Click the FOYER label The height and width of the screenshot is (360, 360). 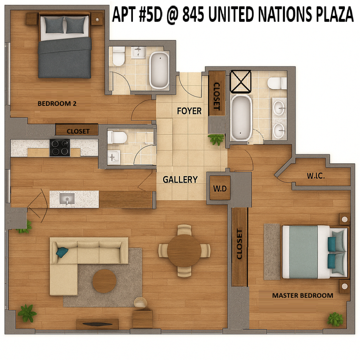point(189,111)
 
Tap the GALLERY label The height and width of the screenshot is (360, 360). point(180,179)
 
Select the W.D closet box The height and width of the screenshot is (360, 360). point(220,188)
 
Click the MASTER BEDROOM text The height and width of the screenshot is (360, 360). point(302,296)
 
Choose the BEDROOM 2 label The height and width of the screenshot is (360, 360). point(57,104)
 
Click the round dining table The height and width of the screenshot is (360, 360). point(185,251)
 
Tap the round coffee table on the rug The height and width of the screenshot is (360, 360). point(104,281)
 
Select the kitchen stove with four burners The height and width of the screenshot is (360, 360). point(60,148)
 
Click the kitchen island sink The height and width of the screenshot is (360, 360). point(67,198)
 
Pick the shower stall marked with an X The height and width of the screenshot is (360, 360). point(240,81)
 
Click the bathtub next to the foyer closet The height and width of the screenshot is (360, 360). point(241,117)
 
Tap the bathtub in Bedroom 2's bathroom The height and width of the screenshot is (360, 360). point(159,70)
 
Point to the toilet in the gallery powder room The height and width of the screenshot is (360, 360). point(117,137)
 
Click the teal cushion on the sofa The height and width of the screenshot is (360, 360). point(62,252)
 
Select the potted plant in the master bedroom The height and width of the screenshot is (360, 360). point(335,319)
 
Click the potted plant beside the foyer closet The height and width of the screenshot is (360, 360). point(216,139)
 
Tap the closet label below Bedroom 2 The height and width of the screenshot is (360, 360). point(78,131)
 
